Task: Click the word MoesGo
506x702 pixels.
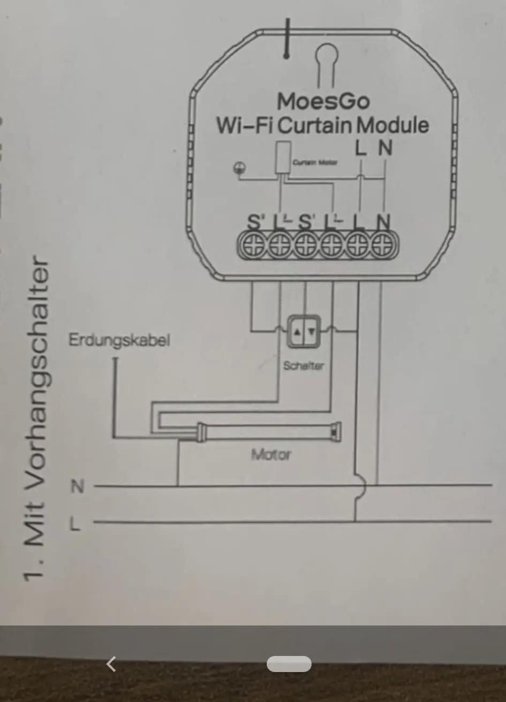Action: [323, 101]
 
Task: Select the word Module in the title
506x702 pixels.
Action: [392, 125]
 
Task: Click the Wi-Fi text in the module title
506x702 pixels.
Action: [245, 125]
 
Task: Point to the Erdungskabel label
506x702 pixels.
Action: [119, 340]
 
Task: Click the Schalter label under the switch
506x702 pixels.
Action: [303, 365]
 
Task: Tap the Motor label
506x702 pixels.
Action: [271, 455]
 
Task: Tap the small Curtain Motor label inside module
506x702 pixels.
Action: [315, 162]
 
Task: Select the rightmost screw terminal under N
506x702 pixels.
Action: [382, 246]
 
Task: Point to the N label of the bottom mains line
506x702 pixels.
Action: [78, 486]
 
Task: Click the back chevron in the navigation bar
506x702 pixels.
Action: [111, 664]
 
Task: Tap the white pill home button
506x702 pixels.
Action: [289, 664]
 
